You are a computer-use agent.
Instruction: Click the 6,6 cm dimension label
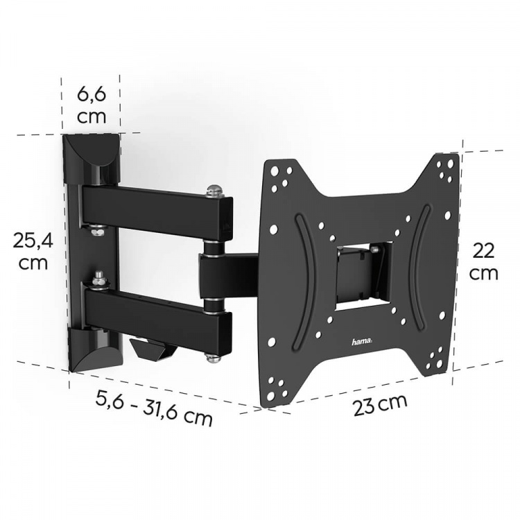[x=92, y=103]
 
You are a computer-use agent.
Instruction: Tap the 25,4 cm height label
[x=33, y=251]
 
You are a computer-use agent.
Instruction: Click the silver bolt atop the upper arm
[x=214, y=187]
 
